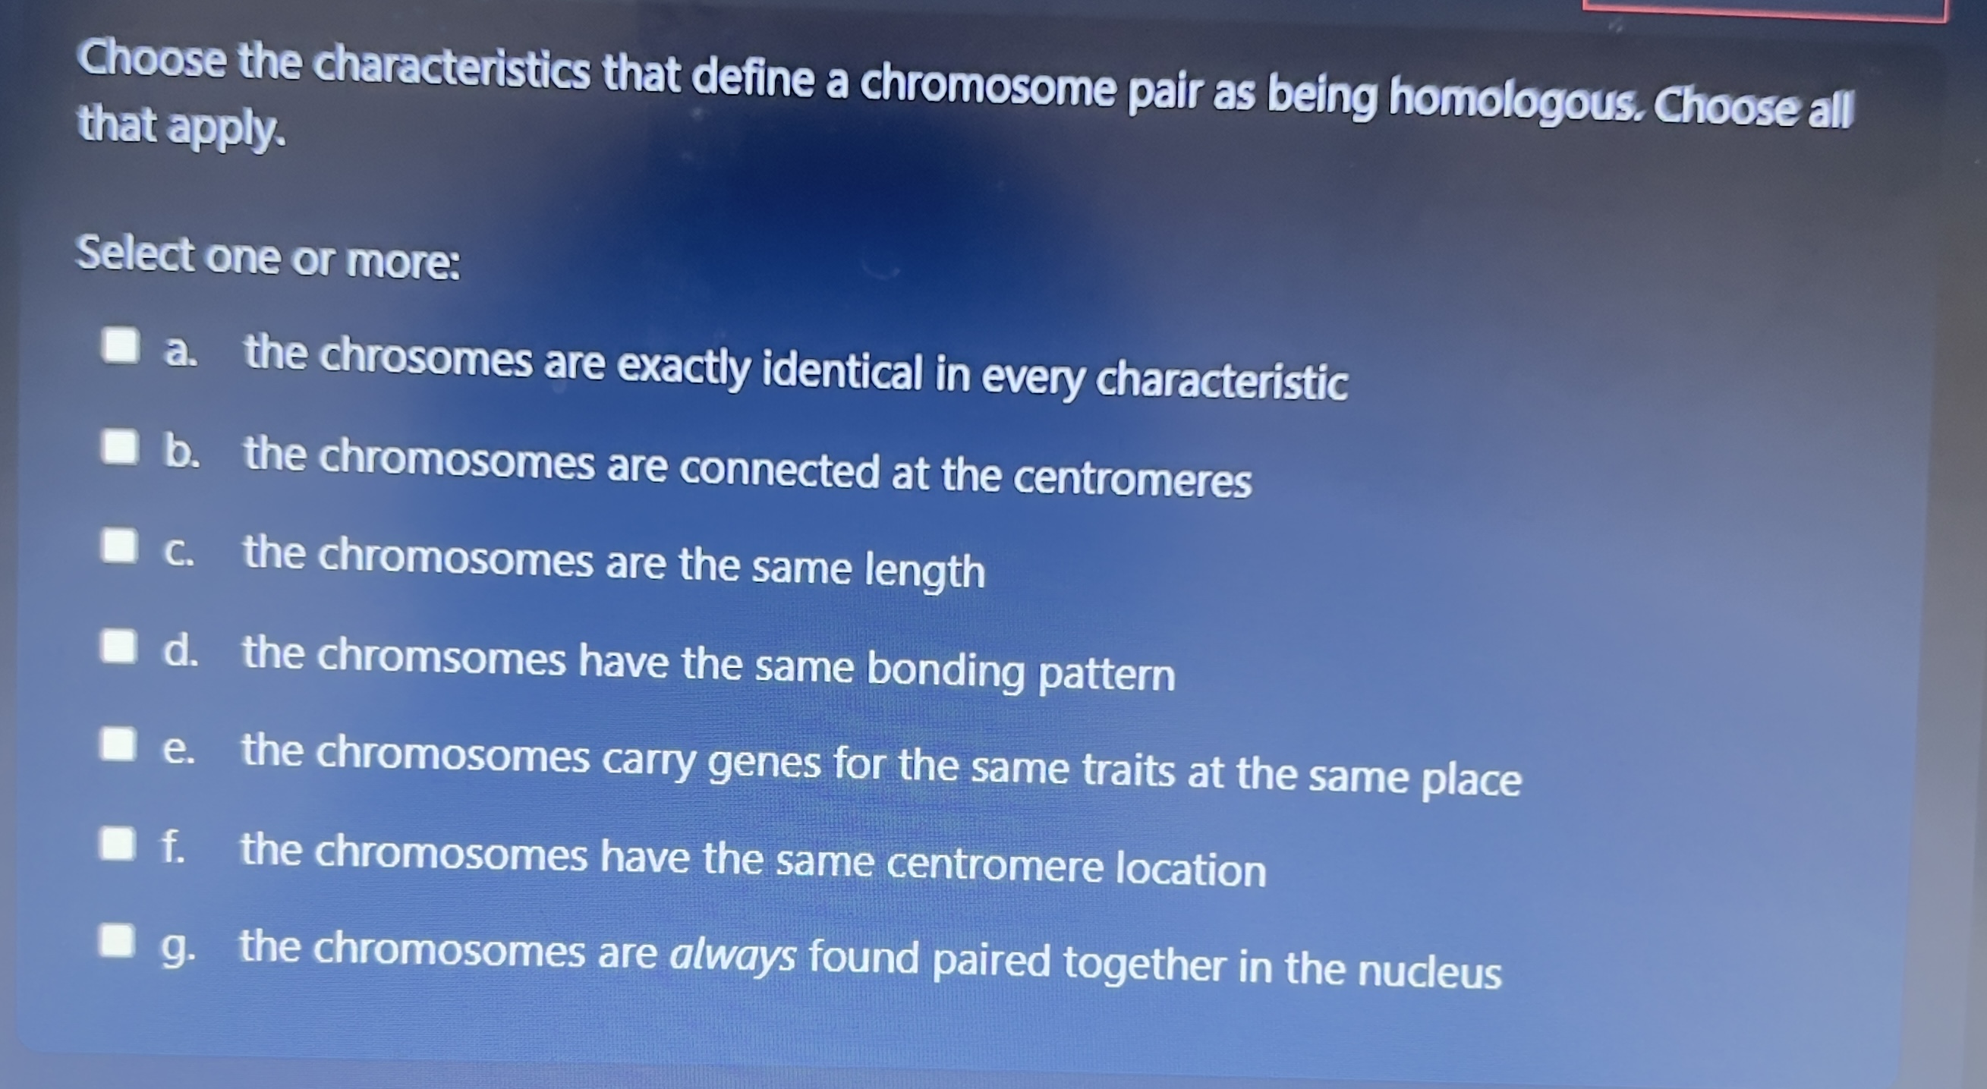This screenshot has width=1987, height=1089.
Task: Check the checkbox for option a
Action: [x=121, y=345]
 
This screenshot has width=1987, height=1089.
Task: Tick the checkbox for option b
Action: [x=120, y=446]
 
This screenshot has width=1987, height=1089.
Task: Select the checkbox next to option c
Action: [x=119, y=546]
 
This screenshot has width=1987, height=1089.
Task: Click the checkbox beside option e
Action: [x=117, y=744]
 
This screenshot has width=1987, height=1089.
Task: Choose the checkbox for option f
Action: [x=116, y=843]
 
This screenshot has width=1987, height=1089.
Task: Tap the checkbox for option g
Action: [x=115, y=940]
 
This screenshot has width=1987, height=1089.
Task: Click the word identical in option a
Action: [x=842, y=372]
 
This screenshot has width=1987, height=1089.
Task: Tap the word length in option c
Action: [x=924, y=571]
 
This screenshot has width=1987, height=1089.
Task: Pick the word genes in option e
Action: [x=764, y=763]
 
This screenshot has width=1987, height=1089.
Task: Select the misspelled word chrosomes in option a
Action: [x=426, y=358]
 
